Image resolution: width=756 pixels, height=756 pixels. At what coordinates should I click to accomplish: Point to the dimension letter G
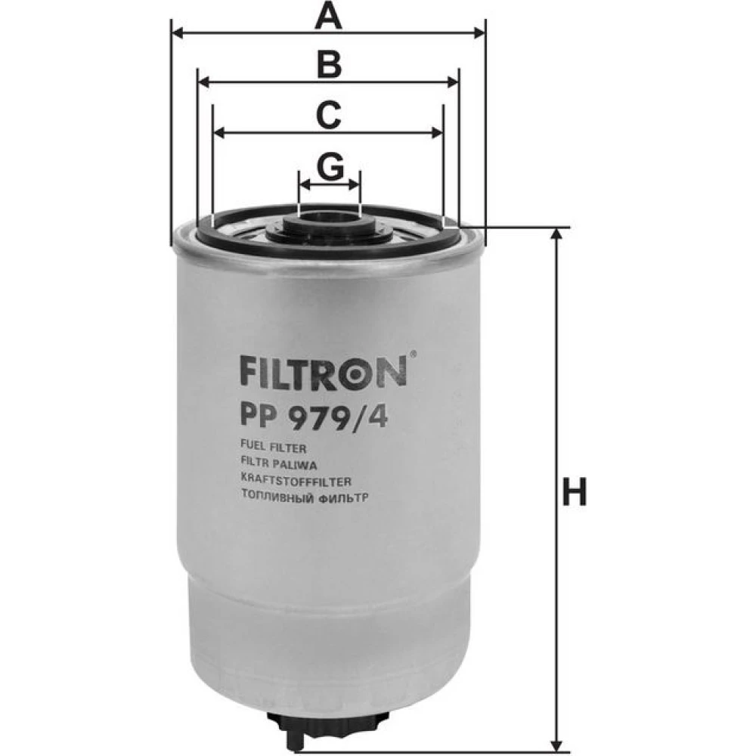(330, 166)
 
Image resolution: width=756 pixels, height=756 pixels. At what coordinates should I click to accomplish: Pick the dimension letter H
(575, 491)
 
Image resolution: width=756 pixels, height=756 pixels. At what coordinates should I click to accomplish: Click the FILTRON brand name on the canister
(323, 370)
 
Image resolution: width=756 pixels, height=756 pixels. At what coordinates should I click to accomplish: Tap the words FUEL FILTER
(273, 448)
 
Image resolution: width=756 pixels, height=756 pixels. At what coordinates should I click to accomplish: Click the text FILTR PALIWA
(278, 465)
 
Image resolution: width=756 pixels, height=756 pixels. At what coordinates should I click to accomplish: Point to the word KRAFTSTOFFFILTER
(296, 481)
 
